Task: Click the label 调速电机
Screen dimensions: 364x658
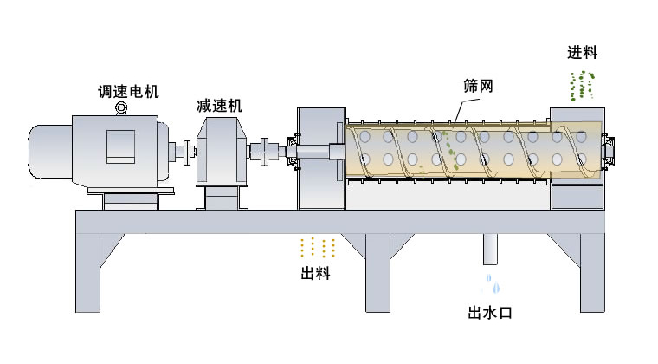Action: pyautogui.click(x=128, y=91)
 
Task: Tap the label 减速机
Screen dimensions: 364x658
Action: pyautogui.click(x=219, y=106)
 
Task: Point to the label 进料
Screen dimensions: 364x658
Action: pyautogui.click(x=583, y=52)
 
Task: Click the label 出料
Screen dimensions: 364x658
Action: pyautogui.click(x=315, y=275)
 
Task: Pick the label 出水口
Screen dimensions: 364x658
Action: pyautogui.click(x=490, y=312)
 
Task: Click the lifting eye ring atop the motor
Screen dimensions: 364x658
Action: pyautogui.click(x=121, y=107)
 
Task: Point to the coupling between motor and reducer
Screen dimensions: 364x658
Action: pyautogui.click(x=187, y=151)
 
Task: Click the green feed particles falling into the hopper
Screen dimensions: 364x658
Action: pyautogui.click(x=582, y=85)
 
